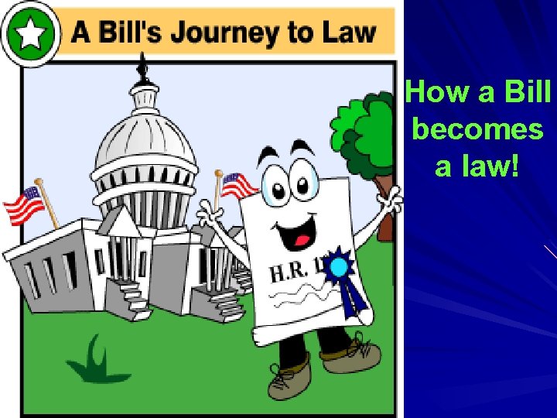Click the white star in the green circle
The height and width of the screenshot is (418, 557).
tap(31, 33)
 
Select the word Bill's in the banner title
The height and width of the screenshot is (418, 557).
tap(148, 33)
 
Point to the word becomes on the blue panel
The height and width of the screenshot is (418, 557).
tap(477, 128)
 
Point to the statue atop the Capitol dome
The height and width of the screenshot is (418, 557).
tap(142, 69)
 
